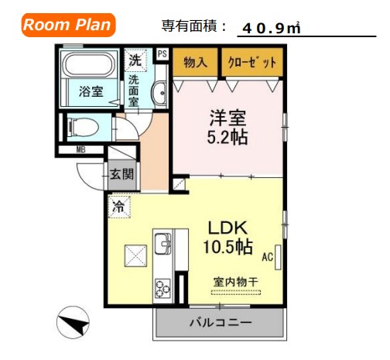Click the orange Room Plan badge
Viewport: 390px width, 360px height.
point(68,24)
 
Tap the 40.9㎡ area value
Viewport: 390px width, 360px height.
point(271,28)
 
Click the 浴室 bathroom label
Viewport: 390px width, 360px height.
point(91,91)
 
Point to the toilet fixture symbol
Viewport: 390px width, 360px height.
point(84,125)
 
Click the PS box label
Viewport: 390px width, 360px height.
point(162,53)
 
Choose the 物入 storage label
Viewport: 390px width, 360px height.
point(195,62)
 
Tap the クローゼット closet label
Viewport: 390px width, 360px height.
point(248,62)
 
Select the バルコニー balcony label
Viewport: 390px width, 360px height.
point(220,321)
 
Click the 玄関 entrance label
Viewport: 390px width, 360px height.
point(122,173)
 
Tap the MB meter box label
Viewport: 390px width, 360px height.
point(80,150)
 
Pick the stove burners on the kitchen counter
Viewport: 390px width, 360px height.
point(162,288)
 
